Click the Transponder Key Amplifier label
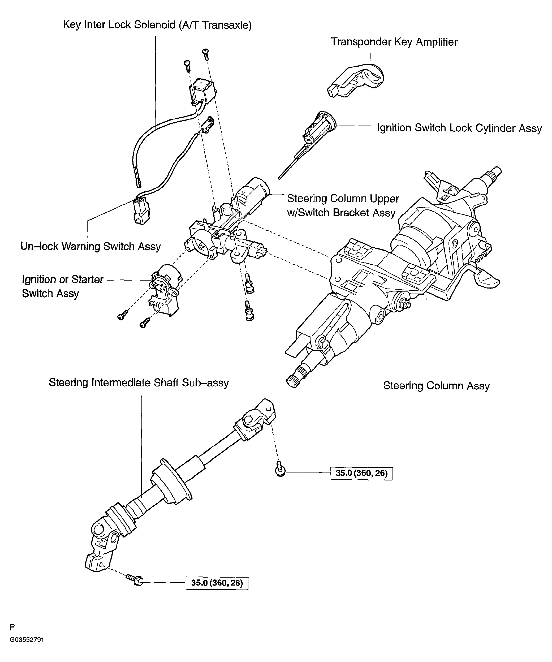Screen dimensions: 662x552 pos(394,42)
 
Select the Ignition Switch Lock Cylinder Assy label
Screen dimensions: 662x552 pos(459,128)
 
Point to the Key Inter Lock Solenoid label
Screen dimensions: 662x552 pos(157,25)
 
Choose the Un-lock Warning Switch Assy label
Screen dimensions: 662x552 pos(90,246)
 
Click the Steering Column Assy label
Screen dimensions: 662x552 pos(436,386)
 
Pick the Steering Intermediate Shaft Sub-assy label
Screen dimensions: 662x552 pos(139,383)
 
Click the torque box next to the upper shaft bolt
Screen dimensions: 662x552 pos(362,473)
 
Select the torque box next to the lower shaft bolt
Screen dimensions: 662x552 pos(217,583)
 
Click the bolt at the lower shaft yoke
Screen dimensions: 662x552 pos(135,579)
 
